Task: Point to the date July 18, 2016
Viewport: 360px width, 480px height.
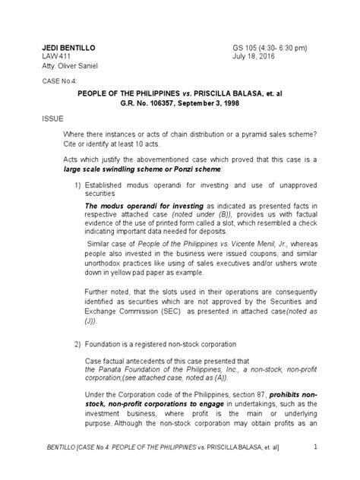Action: tap(253, 58)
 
